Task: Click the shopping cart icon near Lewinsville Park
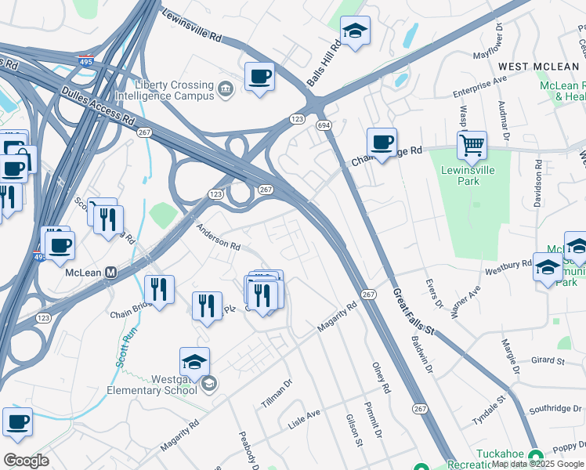point(472,145)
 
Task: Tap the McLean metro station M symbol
point(111,273)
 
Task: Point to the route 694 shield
point(323,125)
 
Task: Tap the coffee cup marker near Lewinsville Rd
point(259,77)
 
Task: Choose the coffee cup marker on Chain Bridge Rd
point(382,143)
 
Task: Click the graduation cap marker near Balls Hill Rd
point(355,32)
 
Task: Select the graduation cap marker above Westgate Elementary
point(194,362)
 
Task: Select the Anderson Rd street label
point(218,237)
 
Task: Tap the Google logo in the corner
point(26,460)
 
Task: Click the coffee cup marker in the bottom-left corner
point(17,422)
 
